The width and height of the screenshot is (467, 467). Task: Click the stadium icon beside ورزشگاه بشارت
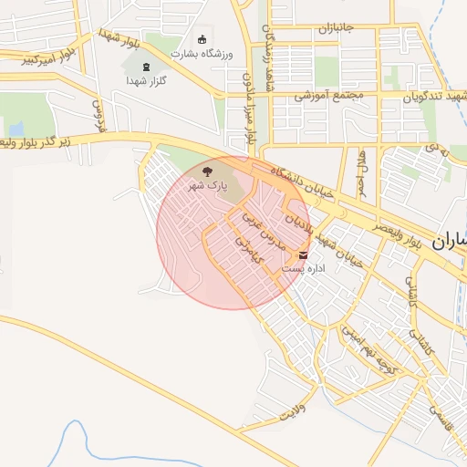click(202, 38)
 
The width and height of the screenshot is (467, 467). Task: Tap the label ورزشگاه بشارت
click(202, 54)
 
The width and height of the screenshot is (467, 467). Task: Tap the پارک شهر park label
click(207, 184)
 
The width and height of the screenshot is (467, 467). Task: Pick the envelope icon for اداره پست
click(304, 254)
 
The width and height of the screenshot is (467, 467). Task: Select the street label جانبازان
click(335, 29)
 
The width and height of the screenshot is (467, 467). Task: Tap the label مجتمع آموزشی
click(328, 95)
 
